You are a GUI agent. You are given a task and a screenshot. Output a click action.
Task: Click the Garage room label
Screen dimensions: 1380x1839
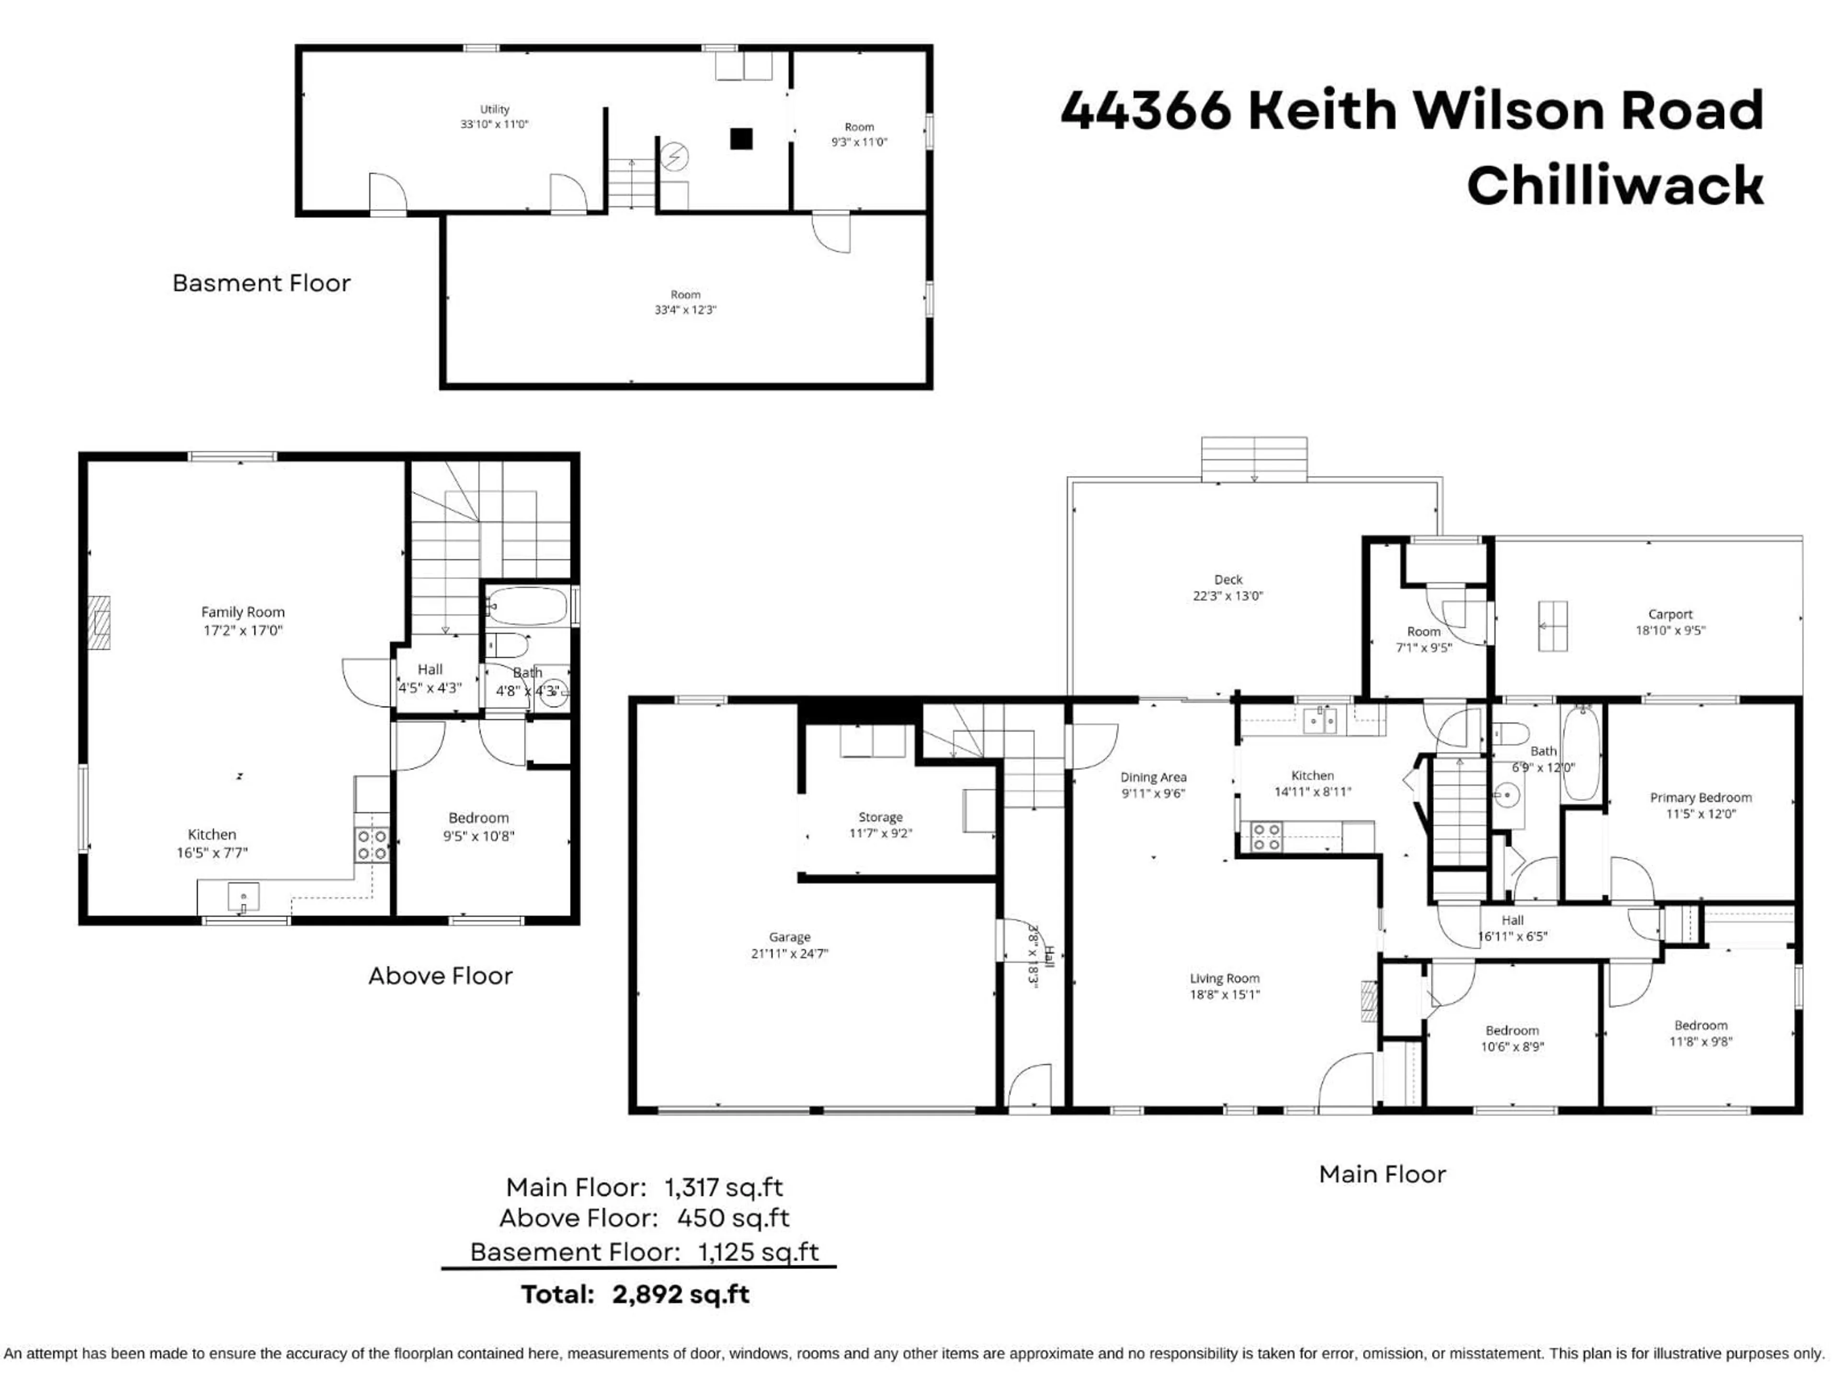coord(789,937)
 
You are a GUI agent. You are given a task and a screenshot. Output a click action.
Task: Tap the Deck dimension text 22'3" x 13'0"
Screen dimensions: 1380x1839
coord(1228,596)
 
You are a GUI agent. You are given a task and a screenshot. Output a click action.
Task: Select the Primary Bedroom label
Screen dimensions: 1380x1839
coord(1700,797)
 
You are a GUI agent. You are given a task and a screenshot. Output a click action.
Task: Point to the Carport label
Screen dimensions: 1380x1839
coord(1670,614)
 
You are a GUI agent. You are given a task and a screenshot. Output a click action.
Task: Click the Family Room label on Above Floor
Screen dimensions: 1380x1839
coord(243,611)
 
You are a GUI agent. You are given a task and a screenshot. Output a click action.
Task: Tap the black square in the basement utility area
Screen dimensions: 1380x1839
coord(741,138)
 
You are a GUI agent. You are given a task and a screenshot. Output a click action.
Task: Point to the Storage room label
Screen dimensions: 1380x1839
coord(880,817)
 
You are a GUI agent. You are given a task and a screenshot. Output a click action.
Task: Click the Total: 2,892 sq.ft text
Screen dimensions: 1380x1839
coord(635,1294)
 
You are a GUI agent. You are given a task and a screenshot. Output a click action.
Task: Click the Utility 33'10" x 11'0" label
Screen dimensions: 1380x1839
coord(495,116)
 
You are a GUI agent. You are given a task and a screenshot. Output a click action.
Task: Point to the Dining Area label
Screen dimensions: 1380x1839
coord(1153,777)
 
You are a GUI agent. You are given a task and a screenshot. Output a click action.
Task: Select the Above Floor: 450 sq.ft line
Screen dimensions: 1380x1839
coord(644,1218)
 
